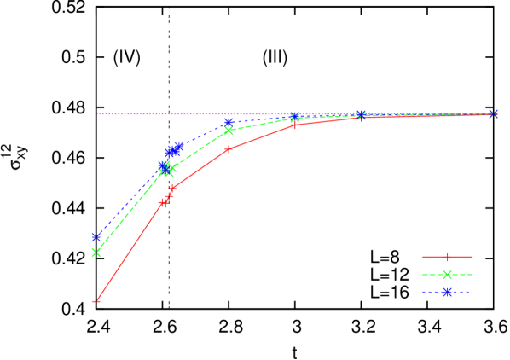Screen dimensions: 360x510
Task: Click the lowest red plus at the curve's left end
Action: click(96, 301)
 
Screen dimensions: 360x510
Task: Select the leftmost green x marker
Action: click(96, 253)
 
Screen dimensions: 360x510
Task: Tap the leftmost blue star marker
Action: click(96, 236)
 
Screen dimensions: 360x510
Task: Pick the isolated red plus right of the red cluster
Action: click(228, 149)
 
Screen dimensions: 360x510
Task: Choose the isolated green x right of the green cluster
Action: click(229, 130)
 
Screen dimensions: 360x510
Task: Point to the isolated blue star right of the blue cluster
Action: click(229, 122)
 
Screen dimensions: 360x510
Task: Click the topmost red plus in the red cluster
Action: click(173, 188)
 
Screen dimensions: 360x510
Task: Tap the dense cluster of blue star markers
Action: click(173, 150)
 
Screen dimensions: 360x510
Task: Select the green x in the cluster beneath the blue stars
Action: click(169, 168)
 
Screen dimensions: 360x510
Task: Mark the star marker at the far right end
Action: click(493, 114)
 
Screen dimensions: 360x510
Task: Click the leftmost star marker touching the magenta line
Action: click(294, 116)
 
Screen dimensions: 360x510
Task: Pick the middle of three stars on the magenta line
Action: click(361, 114)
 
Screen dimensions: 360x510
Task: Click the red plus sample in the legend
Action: click(447, 257)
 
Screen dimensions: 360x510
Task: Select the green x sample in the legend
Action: click(447, 275)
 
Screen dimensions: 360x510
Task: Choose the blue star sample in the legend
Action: click(447, 292)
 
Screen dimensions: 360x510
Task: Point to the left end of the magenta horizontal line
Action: click(99, 113)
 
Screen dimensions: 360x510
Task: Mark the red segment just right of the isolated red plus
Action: click(261, 136)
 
